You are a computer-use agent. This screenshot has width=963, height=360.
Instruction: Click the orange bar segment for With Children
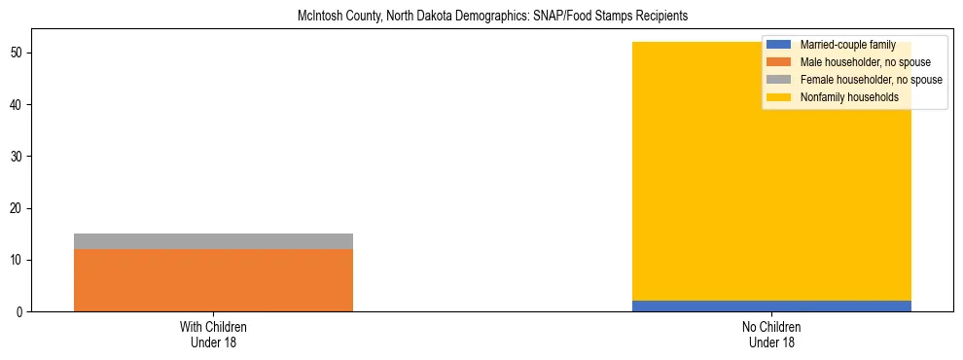coord(213,280)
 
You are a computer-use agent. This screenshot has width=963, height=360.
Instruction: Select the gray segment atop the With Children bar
coord(213,241)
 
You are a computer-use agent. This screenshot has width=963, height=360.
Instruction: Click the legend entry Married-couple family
coord(844,45)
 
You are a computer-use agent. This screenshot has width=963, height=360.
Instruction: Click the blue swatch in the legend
coord(778,45)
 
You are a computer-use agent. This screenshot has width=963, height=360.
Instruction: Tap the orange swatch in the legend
coord(778,62)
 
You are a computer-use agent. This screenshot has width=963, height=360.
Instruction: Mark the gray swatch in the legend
coord(778,80)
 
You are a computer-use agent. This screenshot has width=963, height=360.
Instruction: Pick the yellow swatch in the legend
coord(778,97)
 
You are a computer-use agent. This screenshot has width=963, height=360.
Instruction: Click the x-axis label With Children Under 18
coord(213,335)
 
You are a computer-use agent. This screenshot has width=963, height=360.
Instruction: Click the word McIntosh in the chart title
coord(320,17)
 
